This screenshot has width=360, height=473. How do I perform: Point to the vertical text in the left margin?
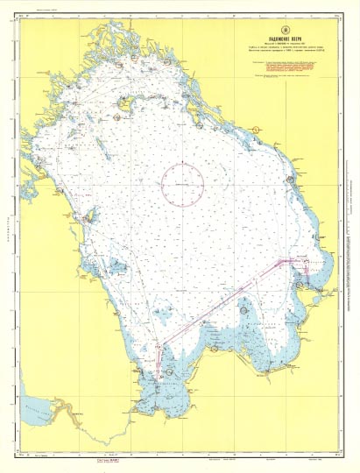point(8,236)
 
